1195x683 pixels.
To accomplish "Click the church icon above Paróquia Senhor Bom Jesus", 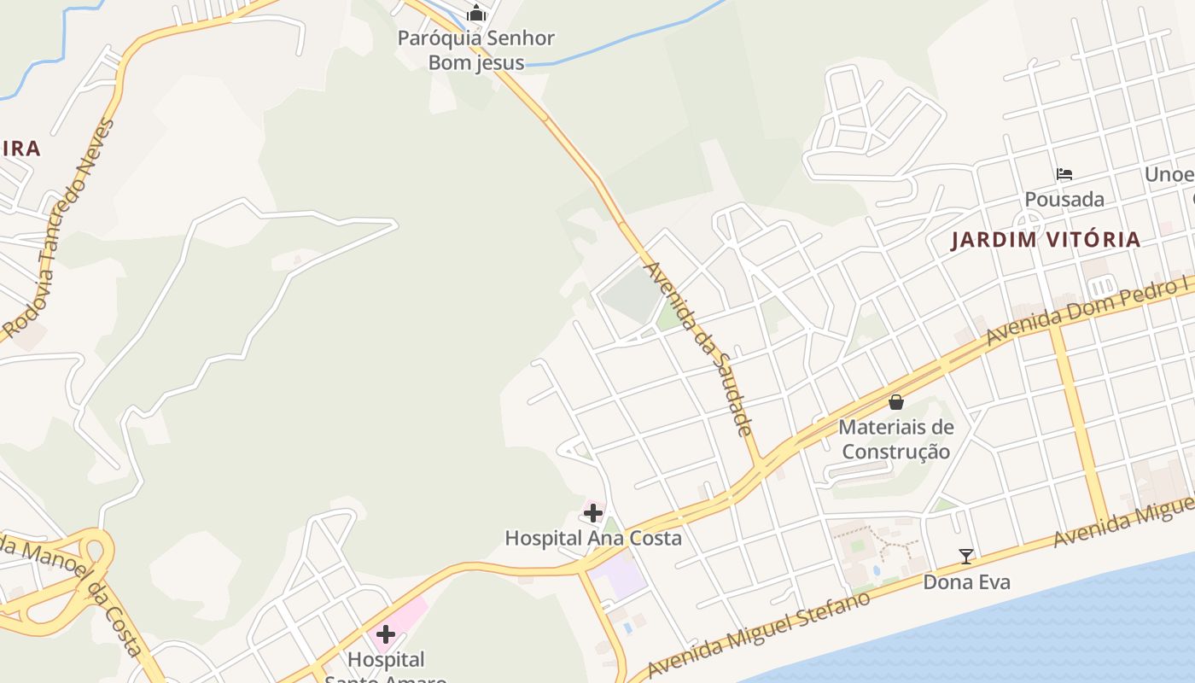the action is [476, 13].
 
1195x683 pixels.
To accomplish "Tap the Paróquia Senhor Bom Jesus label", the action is [476, 50].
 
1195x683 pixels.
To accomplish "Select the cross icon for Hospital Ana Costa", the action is [593, 513].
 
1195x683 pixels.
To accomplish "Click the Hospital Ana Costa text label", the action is [593, 538].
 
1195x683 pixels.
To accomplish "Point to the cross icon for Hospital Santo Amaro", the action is [386, 634].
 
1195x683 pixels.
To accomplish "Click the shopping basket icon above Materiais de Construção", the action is [896, 401].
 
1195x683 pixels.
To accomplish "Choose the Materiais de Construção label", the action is [896, 439].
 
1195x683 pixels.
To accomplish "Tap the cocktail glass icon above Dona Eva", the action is [966, 557].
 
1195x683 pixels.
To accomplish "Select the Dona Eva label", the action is [966, 582].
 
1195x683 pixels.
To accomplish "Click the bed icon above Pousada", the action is [1064, 174].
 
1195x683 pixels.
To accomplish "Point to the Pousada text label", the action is [1064, 200].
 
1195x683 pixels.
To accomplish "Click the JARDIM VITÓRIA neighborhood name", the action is [1046, 240].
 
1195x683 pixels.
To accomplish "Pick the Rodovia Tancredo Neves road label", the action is [58, 229].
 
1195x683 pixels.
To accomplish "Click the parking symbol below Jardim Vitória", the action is [1102, 285].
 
